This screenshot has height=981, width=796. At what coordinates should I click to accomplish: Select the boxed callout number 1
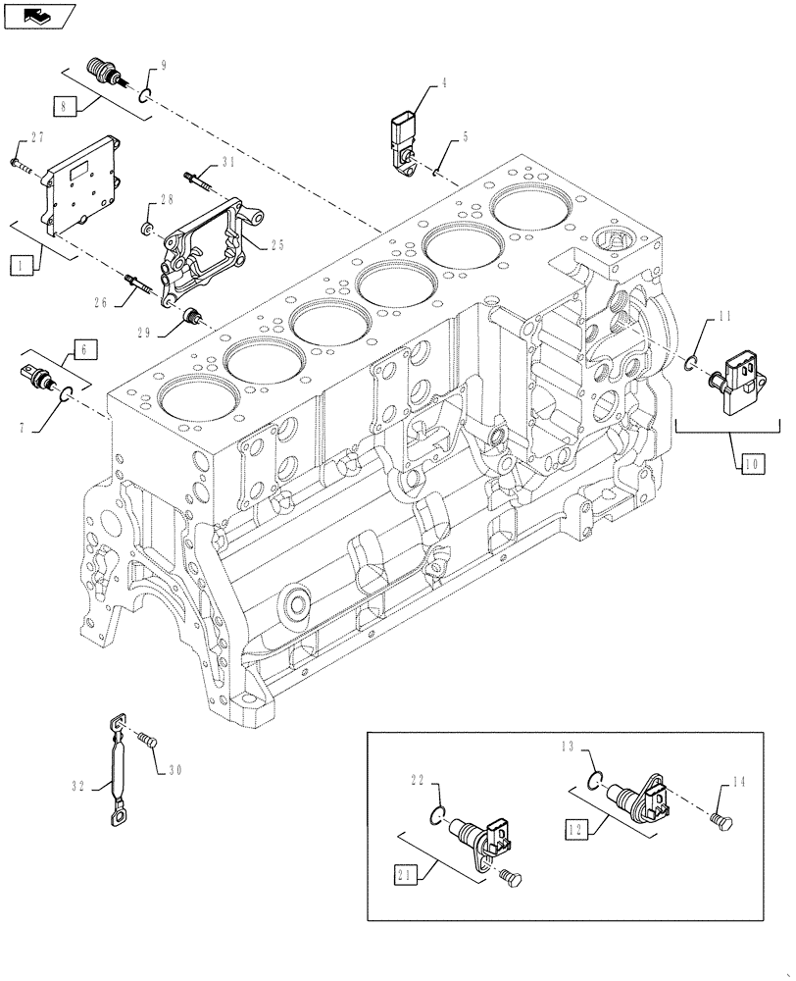(x=19, y=264)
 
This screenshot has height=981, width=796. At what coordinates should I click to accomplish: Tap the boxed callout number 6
(x=83, y=346)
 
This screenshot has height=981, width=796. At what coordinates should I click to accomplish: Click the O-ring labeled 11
(x=692, y=364)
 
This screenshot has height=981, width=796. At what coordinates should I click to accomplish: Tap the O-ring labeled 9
(x=144, y=95)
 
